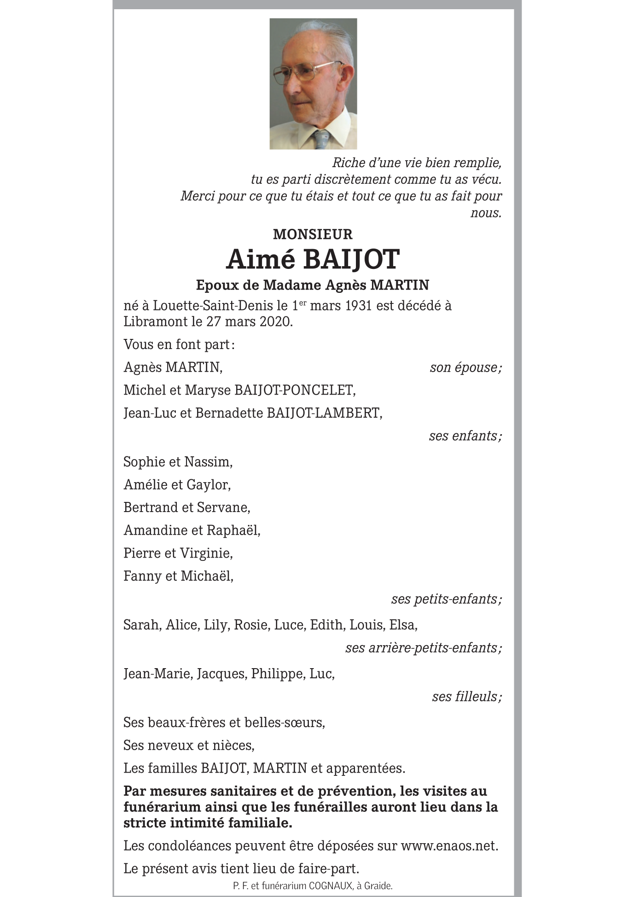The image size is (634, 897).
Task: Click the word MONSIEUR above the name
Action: [313, 234]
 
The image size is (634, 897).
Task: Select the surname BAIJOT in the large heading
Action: [351, 259]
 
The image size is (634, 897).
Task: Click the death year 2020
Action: [275, 321]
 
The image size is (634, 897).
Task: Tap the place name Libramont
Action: [155, 321]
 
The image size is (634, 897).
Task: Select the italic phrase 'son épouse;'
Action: [465, 367]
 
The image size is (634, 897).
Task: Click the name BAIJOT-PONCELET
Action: [295, 390]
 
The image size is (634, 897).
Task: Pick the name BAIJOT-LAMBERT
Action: [324, 413]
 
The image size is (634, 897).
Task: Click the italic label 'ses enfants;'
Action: [465, 436]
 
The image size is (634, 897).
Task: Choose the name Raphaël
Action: [233, 530]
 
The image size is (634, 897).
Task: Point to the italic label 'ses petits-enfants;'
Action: [446, 599]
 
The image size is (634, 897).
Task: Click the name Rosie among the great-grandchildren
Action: [251, 625]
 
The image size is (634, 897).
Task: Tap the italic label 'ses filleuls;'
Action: [466, 697]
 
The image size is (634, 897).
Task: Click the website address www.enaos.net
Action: [449, 846]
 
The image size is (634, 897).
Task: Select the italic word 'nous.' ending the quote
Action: [486, 213]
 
